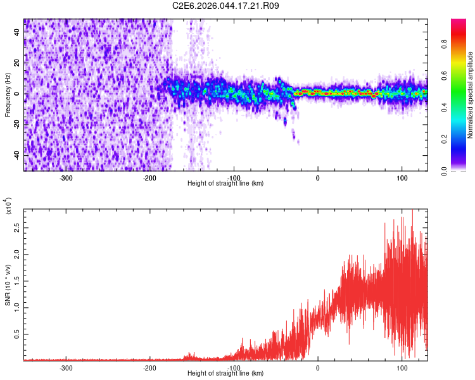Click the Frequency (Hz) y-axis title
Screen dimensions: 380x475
click(8, 94)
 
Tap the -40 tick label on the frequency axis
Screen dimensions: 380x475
click(16, 155)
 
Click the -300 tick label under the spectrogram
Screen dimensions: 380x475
click(66, 177)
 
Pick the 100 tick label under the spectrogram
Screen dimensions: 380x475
click(402, 177)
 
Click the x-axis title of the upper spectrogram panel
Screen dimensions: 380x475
click(225, 184)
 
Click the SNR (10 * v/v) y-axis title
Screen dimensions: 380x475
click(8, 284)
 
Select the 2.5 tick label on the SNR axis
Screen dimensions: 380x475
click(16, 225)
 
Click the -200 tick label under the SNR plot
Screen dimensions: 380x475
click(149, 367)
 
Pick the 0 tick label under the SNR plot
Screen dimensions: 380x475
click(318, 367)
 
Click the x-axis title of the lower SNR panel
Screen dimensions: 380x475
click(225, 374)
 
